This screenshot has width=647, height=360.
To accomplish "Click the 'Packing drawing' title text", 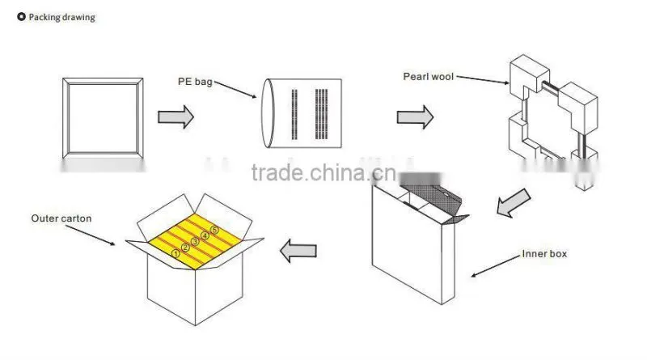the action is point(62,17).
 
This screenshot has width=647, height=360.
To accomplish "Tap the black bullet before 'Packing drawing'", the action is point(22,16).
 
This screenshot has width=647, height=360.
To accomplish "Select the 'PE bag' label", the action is point(195,82).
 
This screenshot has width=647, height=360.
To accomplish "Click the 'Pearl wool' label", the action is point(429,76).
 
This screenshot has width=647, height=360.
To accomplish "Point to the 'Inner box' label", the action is point(544,253).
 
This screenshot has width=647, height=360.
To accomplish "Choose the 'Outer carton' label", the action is point(61,218).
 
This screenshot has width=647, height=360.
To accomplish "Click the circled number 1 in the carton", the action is point(175,253).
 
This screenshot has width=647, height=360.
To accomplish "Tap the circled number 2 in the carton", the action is point(185,248).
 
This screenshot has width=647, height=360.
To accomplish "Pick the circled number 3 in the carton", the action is point(195,242).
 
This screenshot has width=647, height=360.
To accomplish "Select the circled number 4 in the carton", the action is point(205,235).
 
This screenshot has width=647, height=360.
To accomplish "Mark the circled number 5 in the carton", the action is point(214,230).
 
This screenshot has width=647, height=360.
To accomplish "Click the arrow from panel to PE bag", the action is point(175,116).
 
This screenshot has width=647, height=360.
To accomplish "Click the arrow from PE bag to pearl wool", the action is point(415,116).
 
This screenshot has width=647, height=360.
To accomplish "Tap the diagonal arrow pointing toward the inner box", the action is point(513,203).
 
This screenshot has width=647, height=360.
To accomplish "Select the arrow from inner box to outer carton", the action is point(298,251).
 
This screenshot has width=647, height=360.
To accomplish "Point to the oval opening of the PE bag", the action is point(268,113).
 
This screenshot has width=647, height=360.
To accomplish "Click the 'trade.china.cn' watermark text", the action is point(324,172).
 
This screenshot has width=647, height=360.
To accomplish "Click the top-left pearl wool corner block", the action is point(529,75).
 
